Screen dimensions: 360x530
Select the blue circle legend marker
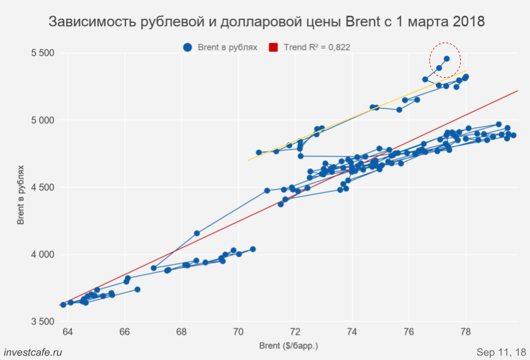188,47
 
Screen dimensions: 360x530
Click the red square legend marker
273,47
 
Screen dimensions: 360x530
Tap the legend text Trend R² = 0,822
317,47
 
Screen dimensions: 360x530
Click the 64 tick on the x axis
68,332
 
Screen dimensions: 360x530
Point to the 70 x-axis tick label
239,332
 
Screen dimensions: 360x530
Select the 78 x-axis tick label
465,332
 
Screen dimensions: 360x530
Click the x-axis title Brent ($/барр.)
288,346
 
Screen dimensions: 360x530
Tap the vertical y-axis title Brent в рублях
21,194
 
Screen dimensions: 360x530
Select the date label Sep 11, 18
501,352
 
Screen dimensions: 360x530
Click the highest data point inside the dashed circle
447,59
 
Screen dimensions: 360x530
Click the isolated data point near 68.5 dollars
197,234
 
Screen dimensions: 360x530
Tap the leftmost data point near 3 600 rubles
63,305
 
